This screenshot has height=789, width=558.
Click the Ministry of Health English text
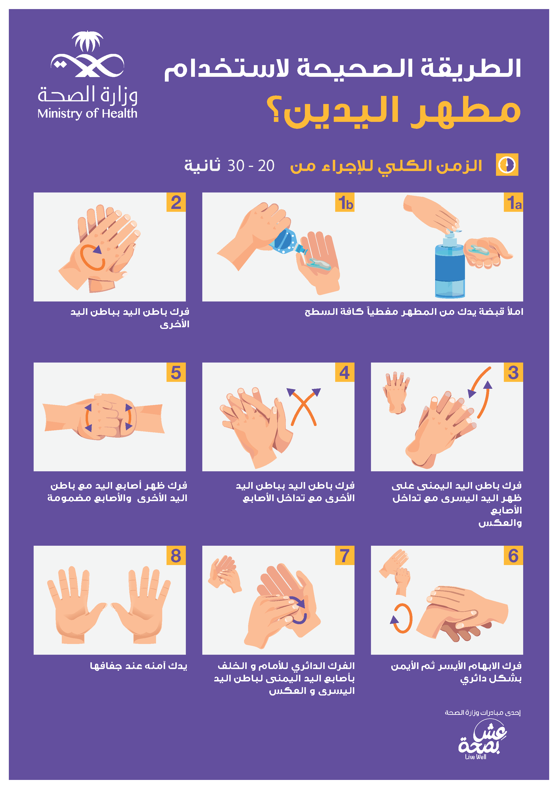pyautogui.click(x=87, y=113)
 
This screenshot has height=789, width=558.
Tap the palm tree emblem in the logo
pyautogui.click(x=87, y=41)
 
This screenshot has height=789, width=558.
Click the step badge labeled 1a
pyautogui.click(x=514, y=202)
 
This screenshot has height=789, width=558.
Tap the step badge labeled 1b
pyautogui.click(x=345, y=202)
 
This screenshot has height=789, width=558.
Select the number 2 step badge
pyautogui.click(x=176, y=202)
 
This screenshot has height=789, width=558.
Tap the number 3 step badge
pyautogui.click(x=514, y=372)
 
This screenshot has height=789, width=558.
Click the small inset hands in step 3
pyautogui.click(x=396, y=392)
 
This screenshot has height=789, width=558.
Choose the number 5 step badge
pyautogui.click(x=176, y=372)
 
